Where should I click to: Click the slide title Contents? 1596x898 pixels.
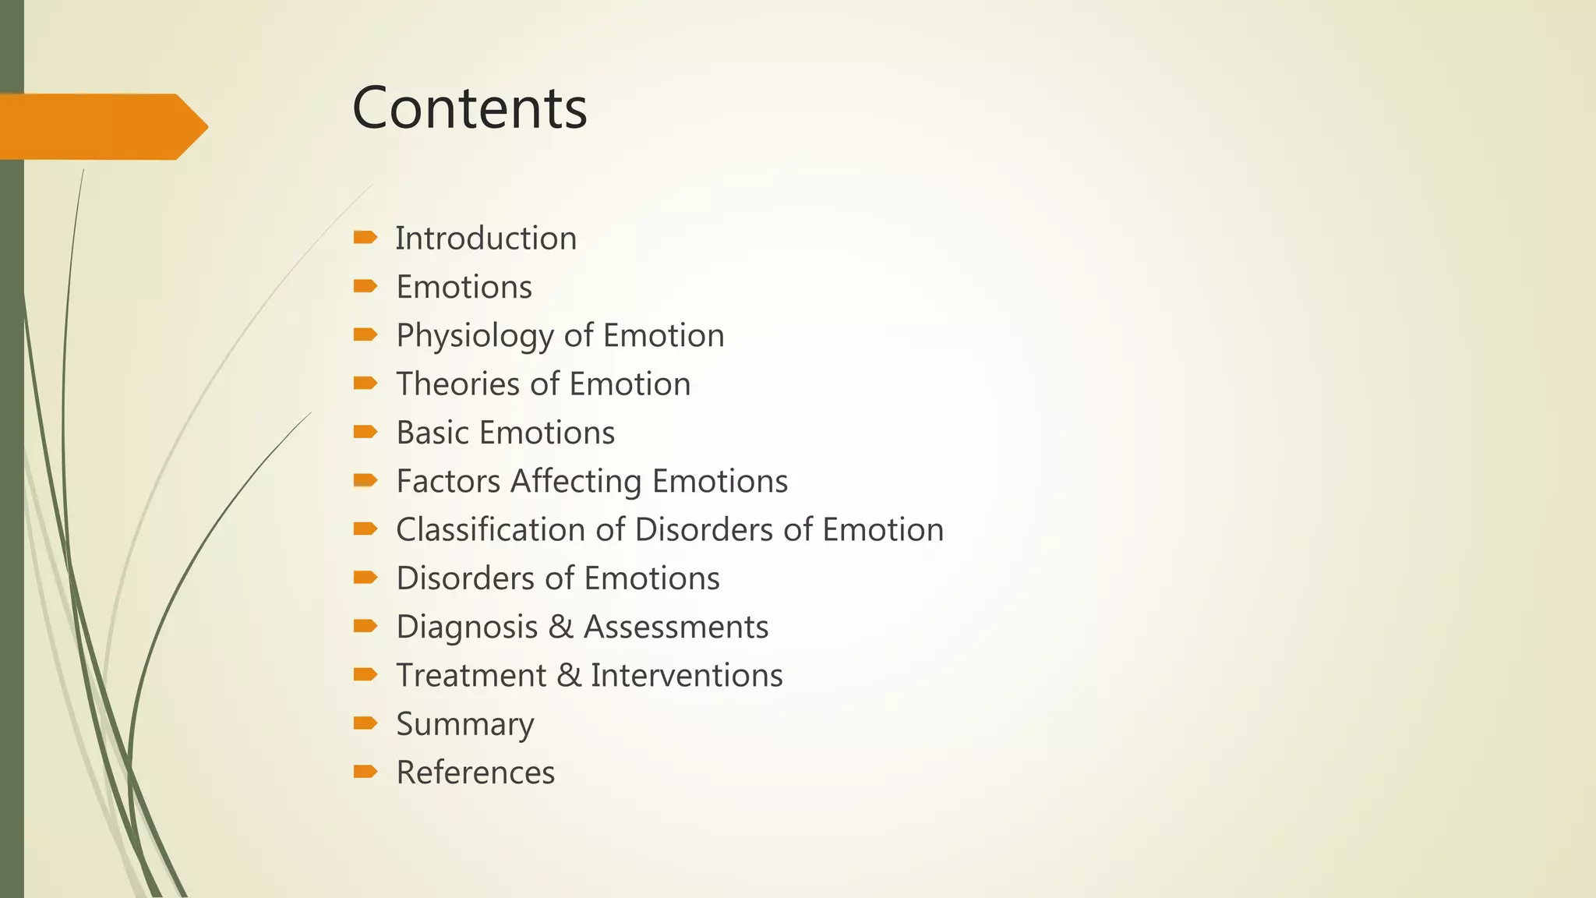(x=469, y=108)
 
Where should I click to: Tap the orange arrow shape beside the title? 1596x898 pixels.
(x=101, y=126)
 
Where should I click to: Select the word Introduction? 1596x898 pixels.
(x=486, y=239)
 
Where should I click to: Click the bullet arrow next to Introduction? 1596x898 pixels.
(x=365, y=237)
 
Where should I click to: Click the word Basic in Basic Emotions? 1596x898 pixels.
(x=432, y=433)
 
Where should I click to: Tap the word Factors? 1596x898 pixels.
(x=448, y=481)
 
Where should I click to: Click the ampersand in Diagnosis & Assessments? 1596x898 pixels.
(x=560, y=627)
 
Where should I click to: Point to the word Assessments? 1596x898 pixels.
(x=676, y=627)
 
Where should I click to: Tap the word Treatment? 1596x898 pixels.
(x=471, y=675)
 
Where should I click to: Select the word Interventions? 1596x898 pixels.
(x=687, y=675)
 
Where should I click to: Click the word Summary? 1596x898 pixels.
(x=465, y=724)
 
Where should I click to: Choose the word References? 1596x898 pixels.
(x=475, y=772)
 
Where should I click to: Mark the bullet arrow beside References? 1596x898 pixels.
(x=365, y=772)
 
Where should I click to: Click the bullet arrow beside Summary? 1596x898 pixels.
(x=365, y=723)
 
